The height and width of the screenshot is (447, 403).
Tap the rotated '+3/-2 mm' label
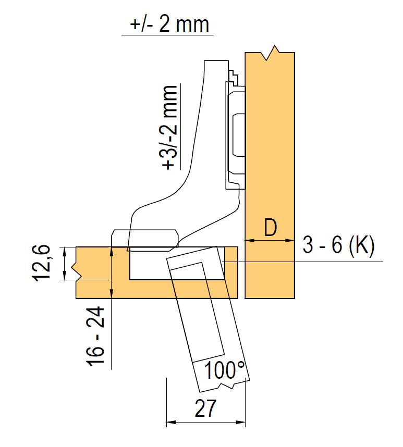(169, 128)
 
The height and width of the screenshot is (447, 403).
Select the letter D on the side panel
(270, 228)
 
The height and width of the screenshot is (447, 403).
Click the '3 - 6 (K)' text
(338, 245)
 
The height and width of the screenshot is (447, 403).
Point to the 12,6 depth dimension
(42, 263)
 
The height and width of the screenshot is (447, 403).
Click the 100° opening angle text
(225, 370)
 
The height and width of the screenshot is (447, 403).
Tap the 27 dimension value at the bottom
(205, 408)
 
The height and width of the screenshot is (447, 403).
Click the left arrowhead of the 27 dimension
(170, 422)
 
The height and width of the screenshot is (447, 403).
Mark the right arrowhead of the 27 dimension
(241, 422)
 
